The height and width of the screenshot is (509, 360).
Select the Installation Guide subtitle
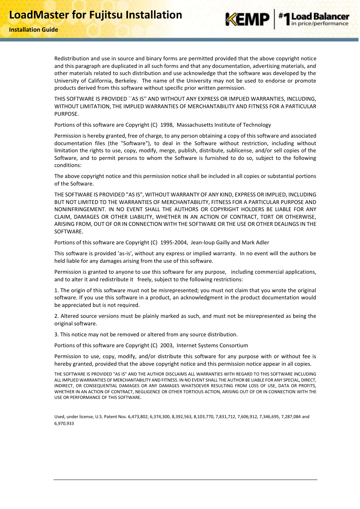(34, 30)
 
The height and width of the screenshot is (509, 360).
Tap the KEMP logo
(248, 19)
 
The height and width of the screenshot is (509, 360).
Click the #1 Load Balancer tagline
(314, 19)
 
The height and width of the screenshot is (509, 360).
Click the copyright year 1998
(166, 125)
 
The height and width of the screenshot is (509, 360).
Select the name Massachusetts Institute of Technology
(224, 125)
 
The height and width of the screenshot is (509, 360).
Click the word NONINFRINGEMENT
(80, 209)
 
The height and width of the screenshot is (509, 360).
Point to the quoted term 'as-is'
(125, 253)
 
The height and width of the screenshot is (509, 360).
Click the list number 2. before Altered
(57, 316)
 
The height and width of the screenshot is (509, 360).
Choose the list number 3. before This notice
(57, 334)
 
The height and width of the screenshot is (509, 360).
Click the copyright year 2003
(166, 345)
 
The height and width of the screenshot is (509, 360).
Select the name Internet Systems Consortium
(212, 345)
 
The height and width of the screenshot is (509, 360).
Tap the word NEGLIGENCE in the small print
(148, 392)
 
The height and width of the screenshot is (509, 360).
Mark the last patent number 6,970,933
(64, 423)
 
